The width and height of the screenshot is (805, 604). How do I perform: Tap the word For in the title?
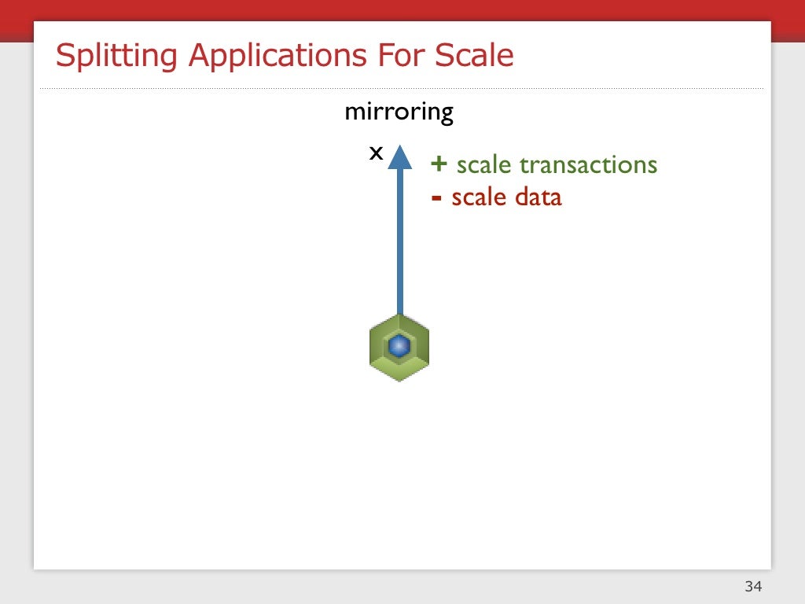pos(397,57)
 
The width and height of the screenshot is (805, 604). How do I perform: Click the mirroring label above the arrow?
pos(399,112)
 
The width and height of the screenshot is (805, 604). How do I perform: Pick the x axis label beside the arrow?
pos(376,153)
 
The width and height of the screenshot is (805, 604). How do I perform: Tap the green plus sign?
pos(439,164)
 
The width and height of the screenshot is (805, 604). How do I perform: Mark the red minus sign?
pos(436,197)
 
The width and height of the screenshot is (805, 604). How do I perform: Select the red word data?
pos(539,197)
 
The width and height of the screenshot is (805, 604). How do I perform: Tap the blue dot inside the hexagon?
pos(399,345)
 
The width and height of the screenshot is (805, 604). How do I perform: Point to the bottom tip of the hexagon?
pos(399,380)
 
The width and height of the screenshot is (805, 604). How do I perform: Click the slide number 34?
pos(753,586)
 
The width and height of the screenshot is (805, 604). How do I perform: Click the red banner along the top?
pos(402,9)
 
